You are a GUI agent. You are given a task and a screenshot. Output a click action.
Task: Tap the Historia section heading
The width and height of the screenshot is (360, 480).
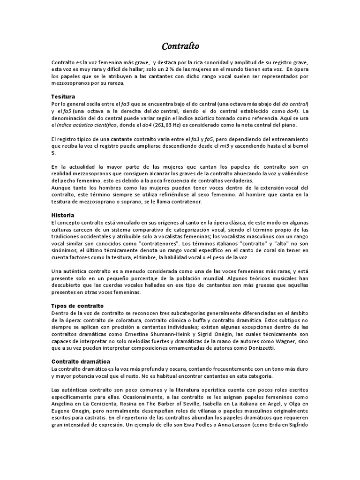point(62,215)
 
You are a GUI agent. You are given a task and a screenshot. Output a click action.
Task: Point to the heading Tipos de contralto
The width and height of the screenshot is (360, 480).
point(77,306)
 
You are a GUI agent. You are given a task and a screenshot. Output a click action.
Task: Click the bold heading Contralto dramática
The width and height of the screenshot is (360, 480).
point(81,361)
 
